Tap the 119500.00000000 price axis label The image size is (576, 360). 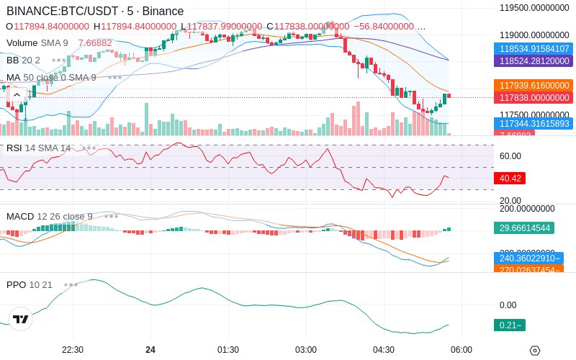pos(536,8)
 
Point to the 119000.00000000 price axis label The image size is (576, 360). pos(536,35)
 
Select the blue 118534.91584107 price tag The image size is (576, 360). pos(533,48)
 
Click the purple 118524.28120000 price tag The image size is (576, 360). pos(533,60)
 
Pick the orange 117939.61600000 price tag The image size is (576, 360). pos(533,85)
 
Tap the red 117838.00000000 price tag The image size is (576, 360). pos(533,97)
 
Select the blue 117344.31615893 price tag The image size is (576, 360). pos(533,123)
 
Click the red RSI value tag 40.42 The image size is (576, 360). pos(509,177)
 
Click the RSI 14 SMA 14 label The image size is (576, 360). pos(38,148)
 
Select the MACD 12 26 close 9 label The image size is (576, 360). pos(50,216)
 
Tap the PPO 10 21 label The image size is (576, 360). pos(30,284)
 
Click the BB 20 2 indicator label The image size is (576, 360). pos(23,60)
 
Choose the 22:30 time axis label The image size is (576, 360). pos(73,349)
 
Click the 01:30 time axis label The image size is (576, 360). pos(228,349)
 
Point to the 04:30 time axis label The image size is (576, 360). pos(384,349)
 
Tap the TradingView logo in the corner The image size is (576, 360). pos(21,319)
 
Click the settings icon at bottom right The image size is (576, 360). pos(534,351)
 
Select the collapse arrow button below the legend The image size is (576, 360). pos(17,94)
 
